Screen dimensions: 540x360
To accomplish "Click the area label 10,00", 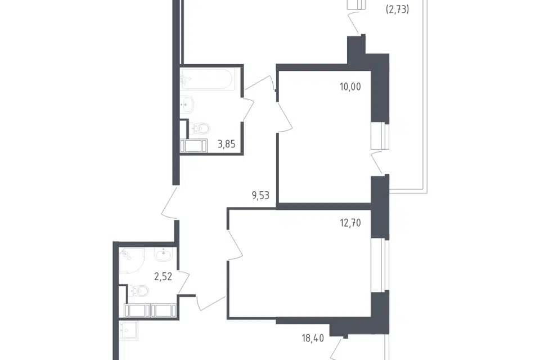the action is tap(350, 87).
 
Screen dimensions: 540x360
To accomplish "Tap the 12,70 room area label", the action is tap(350, 223).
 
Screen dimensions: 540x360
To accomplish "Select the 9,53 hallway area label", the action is tap(260, 196).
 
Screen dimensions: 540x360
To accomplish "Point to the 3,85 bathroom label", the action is tap(226, 144).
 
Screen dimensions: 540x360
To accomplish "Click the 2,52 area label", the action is tap(163, 276).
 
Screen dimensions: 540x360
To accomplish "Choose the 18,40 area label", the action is tap(313, 338).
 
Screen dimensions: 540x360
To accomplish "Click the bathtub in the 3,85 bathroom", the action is tap(206, 79).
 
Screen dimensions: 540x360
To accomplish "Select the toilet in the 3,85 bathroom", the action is tap(200, 129).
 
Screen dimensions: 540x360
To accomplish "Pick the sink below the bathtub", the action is tap(187, 104).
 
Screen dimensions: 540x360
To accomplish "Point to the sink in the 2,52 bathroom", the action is tap(164, 255).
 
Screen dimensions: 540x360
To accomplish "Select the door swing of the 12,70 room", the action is tap(235, 245).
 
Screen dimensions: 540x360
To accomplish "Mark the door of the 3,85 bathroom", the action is tap(249, 110).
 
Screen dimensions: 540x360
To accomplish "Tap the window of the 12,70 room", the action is tap(380, 264).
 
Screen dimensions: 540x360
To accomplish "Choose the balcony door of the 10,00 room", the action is tap(376, 163).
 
